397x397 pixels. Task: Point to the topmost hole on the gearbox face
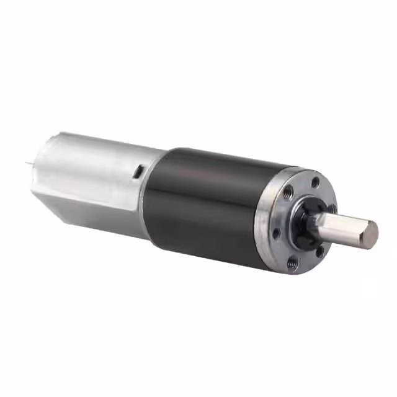pos(316,182)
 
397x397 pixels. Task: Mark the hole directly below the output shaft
pos(319,251)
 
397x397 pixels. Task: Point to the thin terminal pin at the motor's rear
pos(28,163)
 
